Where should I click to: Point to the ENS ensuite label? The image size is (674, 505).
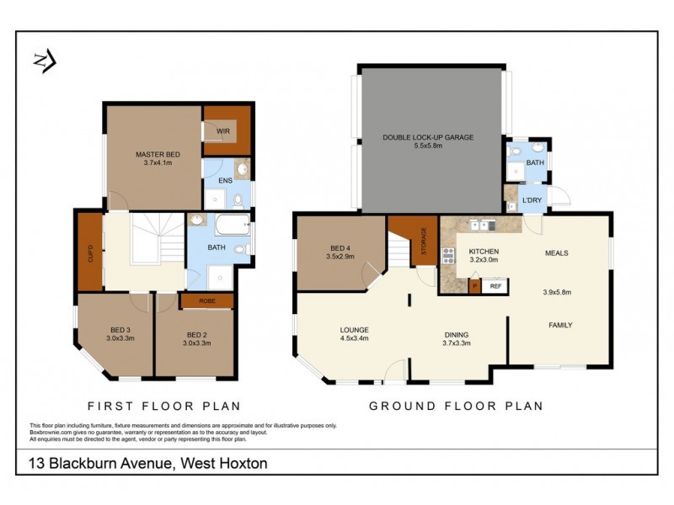point(226,180)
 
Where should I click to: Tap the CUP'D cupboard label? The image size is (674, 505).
point(90,252)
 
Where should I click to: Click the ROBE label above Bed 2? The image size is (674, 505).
point(206,300)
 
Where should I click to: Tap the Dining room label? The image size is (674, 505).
point(456,332)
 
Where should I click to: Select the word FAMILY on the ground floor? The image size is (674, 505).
point(560,325)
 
